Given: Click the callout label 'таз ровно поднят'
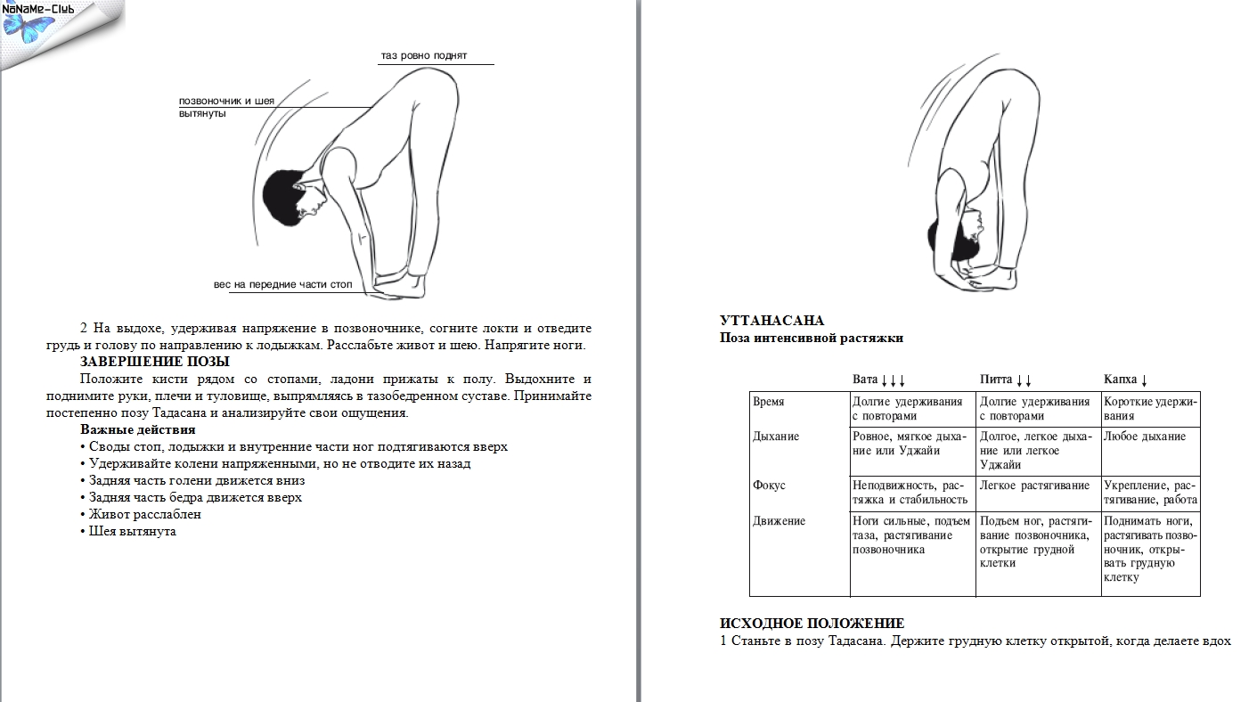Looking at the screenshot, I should [424, 56].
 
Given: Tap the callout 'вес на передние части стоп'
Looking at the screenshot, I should [282, 285].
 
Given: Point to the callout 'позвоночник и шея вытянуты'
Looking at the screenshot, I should [226, 107].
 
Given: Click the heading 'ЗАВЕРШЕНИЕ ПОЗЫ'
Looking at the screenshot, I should [155, 362].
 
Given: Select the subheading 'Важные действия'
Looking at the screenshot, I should [137, 430].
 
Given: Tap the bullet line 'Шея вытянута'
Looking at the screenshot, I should [133, 531].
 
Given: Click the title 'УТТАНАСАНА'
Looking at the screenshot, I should [771, 321].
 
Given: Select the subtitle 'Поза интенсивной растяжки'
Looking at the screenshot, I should [811, 339].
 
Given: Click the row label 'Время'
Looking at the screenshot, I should [769, 402].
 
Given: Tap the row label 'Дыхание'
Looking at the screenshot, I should [776, 437].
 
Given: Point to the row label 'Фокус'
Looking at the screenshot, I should [770, 486].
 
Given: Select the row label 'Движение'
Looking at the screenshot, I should [779, 521].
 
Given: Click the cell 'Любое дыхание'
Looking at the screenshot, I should [1145, 437].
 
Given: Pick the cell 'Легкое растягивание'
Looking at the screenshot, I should [1034, 486].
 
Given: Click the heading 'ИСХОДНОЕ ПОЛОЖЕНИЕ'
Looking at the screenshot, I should [812, 624].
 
